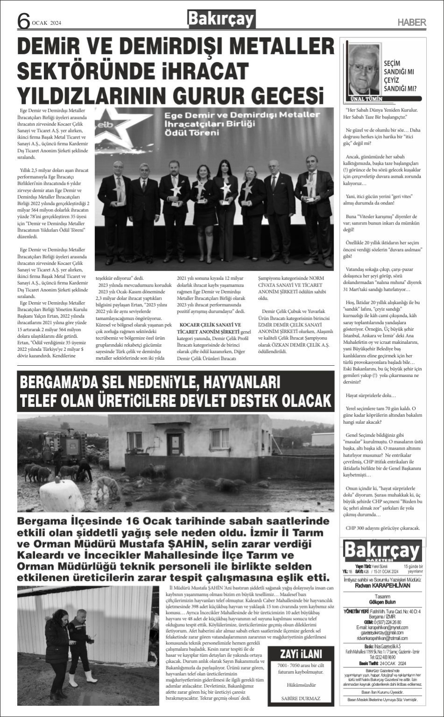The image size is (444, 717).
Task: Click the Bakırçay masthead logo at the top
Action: pos(221,20)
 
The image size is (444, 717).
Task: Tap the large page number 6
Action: pos(23,21)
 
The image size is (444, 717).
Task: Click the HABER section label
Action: pos(411,22)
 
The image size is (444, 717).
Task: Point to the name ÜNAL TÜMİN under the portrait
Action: pos(366,99)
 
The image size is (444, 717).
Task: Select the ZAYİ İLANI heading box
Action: pos(301,653)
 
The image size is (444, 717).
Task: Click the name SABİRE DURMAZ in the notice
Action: pos(301,698)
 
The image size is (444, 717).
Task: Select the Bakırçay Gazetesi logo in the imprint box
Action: pos(382,551)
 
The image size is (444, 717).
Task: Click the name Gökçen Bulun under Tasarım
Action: pos(382,602)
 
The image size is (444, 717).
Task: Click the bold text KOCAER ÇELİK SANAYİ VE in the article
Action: pos(210,325)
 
